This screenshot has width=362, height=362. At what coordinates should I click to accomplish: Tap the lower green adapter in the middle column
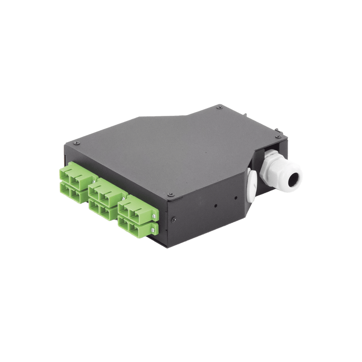(x=104, y=207)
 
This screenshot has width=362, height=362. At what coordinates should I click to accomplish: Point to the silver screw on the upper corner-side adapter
(x=154, y=216)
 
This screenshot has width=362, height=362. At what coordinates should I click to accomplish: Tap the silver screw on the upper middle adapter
(x=125, y=199)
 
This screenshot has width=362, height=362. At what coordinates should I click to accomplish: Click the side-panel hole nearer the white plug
(x=236, y=198)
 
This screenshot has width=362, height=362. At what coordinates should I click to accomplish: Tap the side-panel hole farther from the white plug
(x=216, y=205)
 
